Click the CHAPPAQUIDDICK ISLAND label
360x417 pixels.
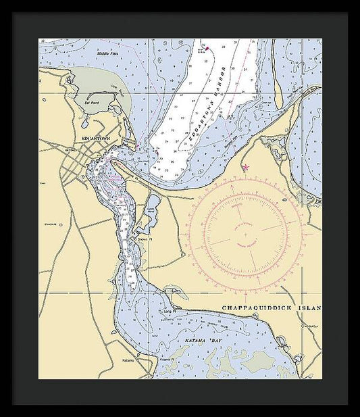click(x=271, y=308)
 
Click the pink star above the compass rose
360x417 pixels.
click(x=246, y=167)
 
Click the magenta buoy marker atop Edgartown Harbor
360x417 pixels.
click(x=207, y=48)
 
